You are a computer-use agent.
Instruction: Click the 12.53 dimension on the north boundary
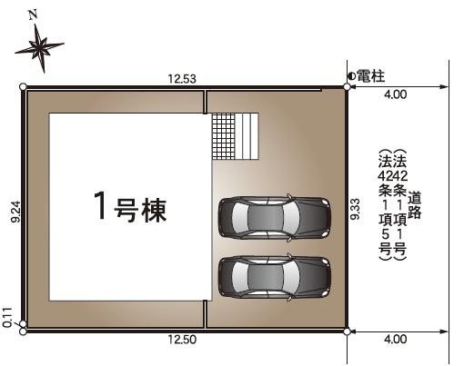(182, 79)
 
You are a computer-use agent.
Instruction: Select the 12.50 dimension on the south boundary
(182, 340)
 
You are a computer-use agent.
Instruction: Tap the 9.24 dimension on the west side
(15, 212)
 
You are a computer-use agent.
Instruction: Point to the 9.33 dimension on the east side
(355, 209)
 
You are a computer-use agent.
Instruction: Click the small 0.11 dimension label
(7, 318)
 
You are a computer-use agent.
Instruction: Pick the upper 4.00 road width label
(396, 94)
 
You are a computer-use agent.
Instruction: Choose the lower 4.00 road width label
(396, 339)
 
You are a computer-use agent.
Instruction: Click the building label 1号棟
(130, 207)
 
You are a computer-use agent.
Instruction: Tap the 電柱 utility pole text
(370, 76)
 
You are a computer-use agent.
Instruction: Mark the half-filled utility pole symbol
(352, 76)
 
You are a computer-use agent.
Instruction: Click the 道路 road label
(414, 205)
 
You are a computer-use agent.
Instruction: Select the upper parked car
(275, 217)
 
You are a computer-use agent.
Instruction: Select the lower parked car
(275, 277)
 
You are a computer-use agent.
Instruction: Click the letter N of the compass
(33, 15)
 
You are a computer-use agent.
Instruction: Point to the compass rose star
(40, 48)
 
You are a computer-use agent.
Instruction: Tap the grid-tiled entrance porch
(224, 136)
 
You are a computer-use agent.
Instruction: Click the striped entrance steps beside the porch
(247, 136)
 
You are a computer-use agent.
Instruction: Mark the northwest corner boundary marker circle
(23, 87)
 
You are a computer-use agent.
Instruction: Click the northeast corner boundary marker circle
(347, 87)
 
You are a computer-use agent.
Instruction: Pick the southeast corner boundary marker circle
(347, 331)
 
